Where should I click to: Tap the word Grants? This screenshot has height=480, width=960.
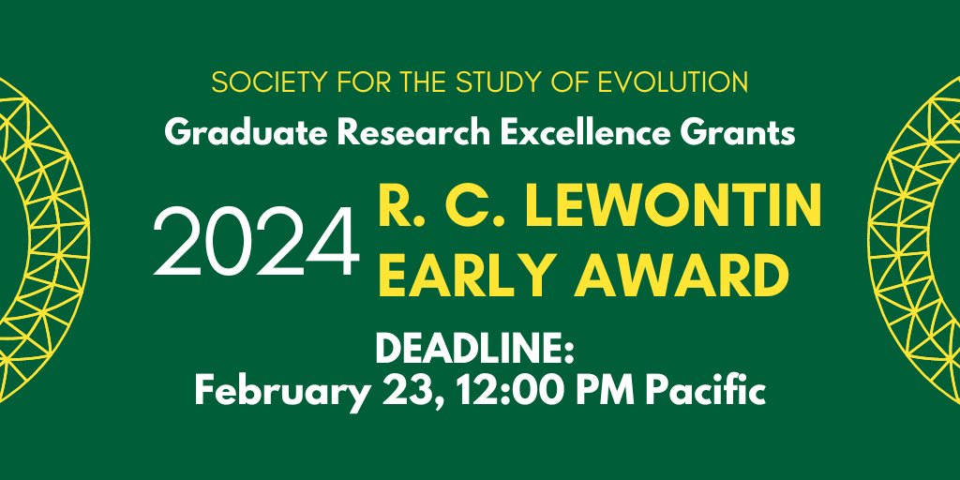[746, 133]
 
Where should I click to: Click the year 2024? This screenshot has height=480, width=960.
[256, 242]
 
